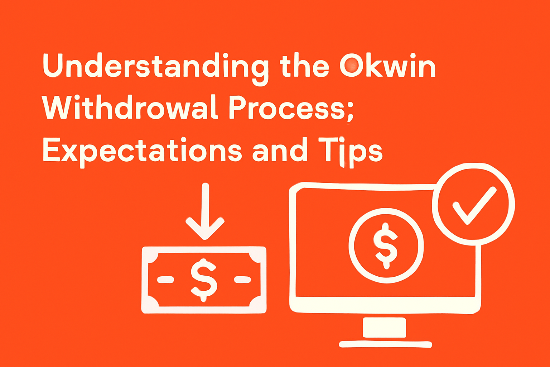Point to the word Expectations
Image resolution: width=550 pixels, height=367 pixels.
pos(142,151)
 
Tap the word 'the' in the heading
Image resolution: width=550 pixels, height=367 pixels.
pos(305,67)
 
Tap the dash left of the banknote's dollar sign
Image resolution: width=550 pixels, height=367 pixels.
pos(166,280)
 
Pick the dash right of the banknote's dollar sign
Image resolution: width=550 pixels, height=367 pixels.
pos(242,280)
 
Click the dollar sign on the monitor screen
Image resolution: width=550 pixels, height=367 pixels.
pos(385,246)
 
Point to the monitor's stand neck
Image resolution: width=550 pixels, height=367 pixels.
pos(384,327)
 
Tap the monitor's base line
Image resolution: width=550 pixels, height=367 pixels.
pos(385,344)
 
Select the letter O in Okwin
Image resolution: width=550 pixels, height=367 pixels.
pos(352,66)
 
